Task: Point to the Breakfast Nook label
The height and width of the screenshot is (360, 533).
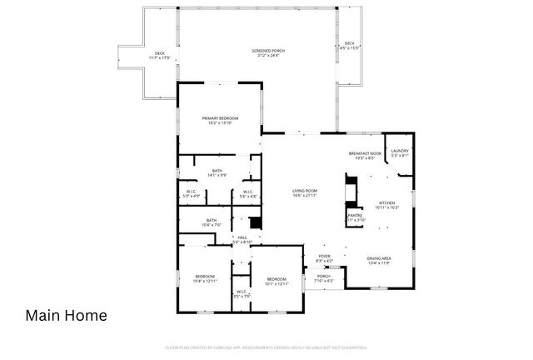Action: point(365,154)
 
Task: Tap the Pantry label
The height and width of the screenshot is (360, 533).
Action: point(355,217)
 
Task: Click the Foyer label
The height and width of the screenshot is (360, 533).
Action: point(324,258)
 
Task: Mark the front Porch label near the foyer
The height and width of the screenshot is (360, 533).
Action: point(324,277)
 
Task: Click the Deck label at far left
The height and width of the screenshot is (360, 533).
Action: point(159,56)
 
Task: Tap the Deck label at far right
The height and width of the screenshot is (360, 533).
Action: point(350,45)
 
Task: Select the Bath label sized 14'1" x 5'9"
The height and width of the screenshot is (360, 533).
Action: point(217,172)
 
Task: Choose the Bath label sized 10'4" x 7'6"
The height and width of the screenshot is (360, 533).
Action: point(212,222)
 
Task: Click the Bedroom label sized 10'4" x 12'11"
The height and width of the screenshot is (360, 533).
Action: point(205,278)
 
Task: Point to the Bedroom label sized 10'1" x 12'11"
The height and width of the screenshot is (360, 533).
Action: point(276,281)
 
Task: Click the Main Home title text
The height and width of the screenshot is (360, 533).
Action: point(66,316)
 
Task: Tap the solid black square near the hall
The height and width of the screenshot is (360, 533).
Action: point(256,223)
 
